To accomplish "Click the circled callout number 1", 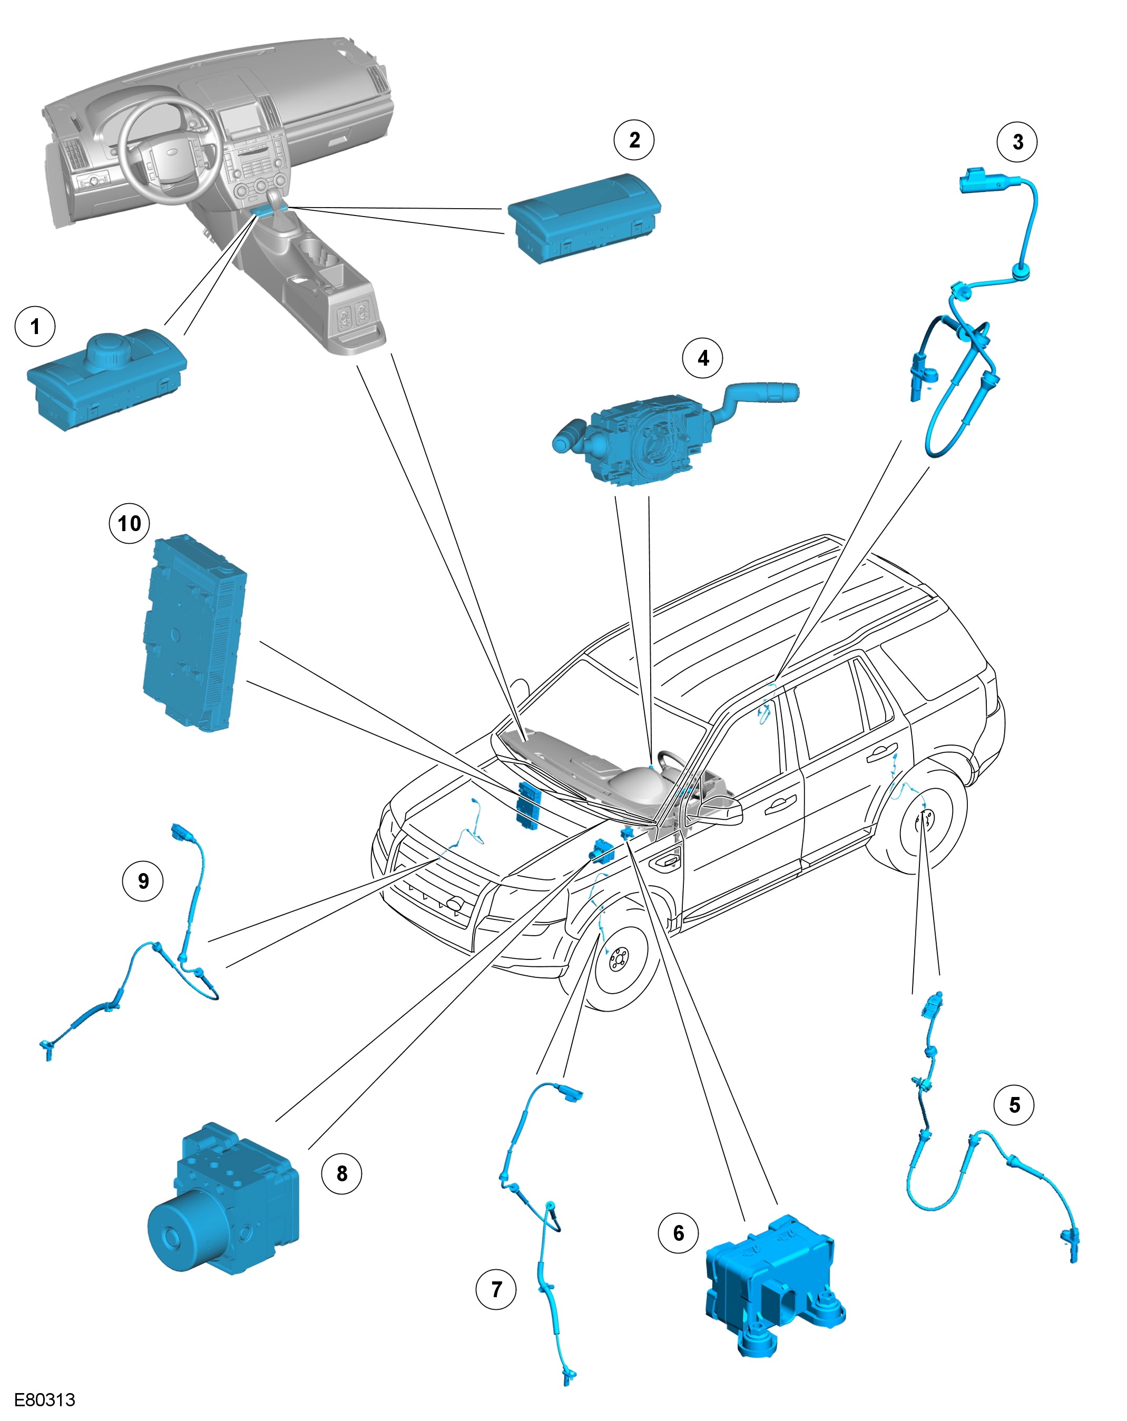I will (35, 326).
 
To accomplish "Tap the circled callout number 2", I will (634, 140).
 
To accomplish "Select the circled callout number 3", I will (1017, 142).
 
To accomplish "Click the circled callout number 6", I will (678, 1233).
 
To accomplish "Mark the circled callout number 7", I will (496, 1290).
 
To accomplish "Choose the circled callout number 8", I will (341, 1174).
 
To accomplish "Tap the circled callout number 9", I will (143, 881).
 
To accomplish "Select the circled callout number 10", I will (129, 523).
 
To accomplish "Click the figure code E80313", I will (45, 1400).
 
